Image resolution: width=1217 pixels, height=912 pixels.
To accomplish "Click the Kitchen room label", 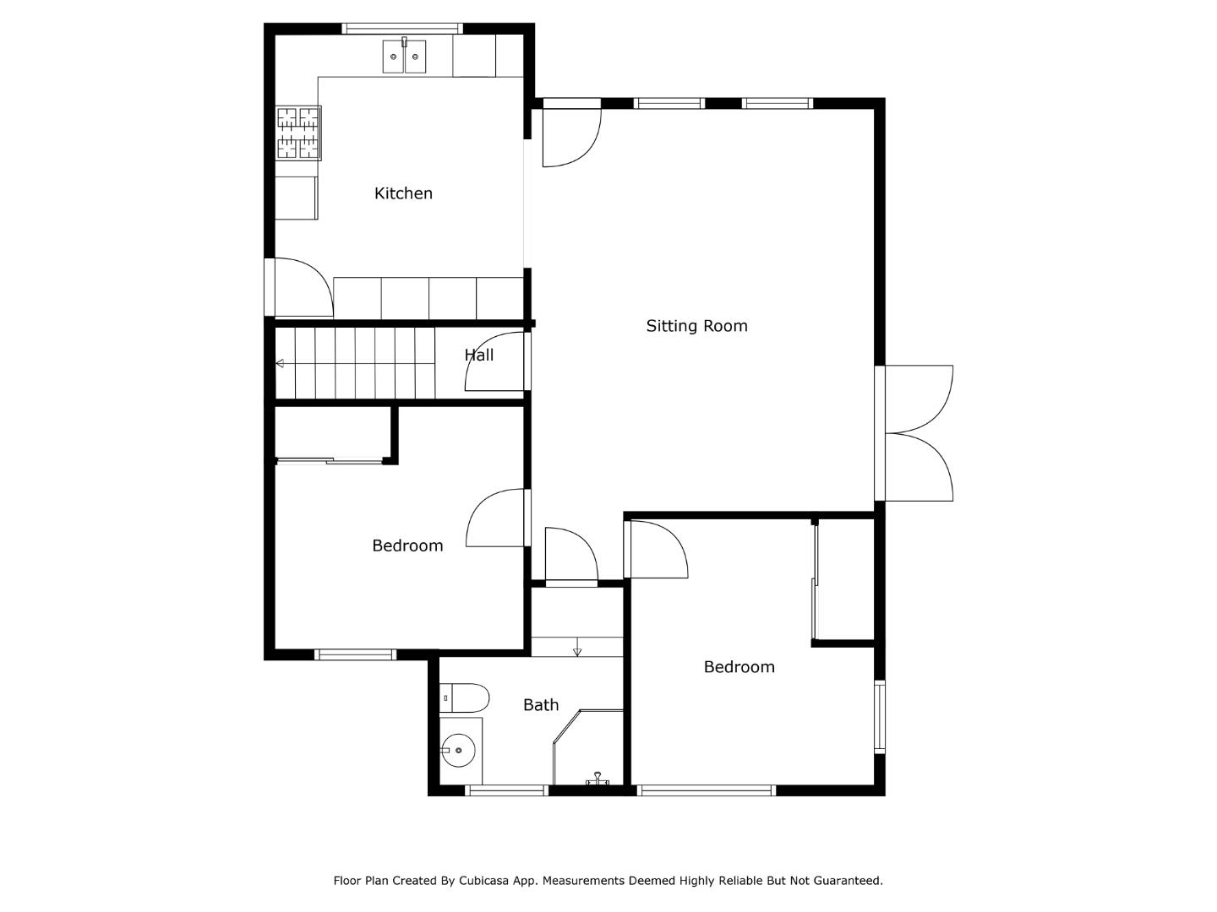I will click(403, 193).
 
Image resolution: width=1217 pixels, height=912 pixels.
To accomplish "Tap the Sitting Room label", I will click(696, 326).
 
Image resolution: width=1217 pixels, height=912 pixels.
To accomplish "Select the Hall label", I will click(479, 356).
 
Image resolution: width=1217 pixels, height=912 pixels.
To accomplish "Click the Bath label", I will click(541, 705).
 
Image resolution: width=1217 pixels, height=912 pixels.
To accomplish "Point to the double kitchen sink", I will click(404, 57).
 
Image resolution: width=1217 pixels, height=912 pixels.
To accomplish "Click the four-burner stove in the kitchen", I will click(298, 133).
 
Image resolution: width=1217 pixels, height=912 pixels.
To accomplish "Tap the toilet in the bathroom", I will click(466, 698).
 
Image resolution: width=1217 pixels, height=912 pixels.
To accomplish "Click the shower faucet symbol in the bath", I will click(598, 779).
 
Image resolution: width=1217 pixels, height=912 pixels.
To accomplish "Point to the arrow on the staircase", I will click(280, 364).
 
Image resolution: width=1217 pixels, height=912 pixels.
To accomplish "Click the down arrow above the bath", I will click(577, 650).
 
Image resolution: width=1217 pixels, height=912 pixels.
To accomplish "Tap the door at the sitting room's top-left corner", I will click(570, 135).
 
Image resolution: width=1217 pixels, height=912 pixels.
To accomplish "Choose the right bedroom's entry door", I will click(657, 550).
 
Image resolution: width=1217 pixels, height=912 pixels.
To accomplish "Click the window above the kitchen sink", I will click(402, 29).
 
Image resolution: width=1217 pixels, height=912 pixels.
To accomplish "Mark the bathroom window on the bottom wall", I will click(507, 790).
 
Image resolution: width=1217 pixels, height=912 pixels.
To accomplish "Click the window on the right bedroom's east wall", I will click(879, 716).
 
